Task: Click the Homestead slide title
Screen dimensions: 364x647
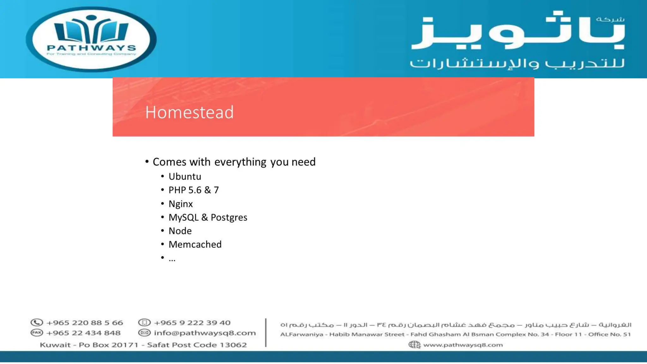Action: (x=189, y=112)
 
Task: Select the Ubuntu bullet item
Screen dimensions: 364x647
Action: (x=184, y=177)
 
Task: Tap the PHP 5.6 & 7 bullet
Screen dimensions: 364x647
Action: (x=193, y=190)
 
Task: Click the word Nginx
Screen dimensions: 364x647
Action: (x=180, y=204)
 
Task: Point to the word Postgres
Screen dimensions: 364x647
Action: (x=229, y=218)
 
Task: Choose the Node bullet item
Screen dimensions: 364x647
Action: (x=180, y=231)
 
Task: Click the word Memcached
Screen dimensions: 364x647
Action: (x=195, y=245)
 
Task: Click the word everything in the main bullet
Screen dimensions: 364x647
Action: (x=240, y=162)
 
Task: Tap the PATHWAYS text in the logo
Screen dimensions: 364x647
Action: (x=91, y=48)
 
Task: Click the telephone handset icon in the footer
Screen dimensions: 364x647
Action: (x=37, y=323)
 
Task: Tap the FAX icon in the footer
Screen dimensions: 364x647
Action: (x=37, y=333)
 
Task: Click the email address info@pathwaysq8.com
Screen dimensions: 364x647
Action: (x=205, y=333)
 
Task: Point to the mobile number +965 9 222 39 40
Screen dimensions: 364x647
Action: (x=192, y=323)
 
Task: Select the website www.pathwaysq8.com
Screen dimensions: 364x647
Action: (x=463, y=345)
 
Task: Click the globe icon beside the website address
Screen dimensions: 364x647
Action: (x=414, y=345)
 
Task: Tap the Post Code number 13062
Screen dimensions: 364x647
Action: (x=233, y=345)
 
